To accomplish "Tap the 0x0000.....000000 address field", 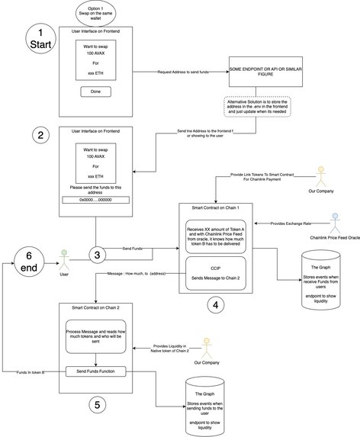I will pos(95,200).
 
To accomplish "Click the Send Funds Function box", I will pos(95,371).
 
